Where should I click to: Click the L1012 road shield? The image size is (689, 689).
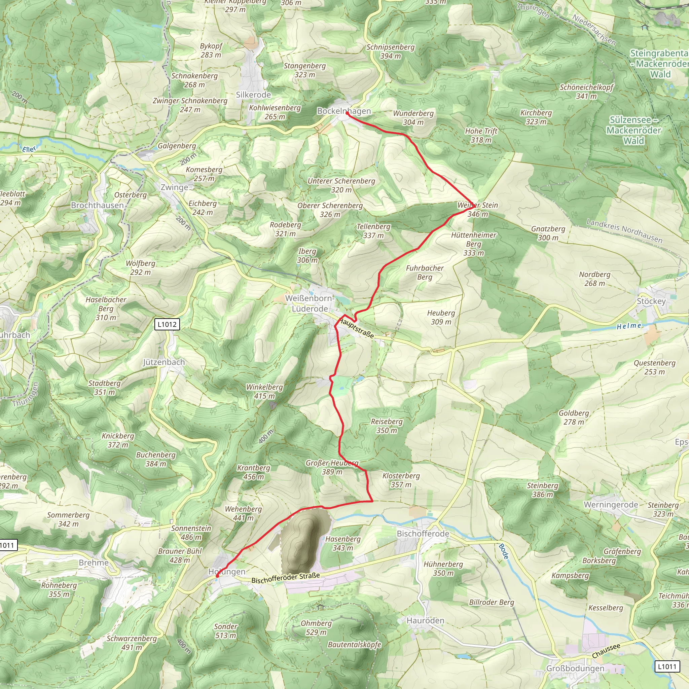[167, 324]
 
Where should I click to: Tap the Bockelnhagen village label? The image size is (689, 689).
[344, 111]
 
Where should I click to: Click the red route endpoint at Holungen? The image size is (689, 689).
[217, 576]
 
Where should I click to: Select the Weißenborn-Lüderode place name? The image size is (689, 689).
[310, 303]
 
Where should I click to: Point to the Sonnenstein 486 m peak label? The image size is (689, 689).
[191, 533]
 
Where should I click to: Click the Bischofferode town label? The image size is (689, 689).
[423, 534]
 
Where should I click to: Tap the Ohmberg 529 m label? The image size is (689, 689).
[316, 628]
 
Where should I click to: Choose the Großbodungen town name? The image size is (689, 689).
[575, 668]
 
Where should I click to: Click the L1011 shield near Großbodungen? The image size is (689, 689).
[667, 666]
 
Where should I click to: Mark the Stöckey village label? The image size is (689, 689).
[651, 301]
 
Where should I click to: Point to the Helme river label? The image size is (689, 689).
[629, 326]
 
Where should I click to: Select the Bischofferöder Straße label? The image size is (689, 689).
[285, 578]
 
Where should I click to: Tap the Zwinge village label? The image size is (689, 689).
[174, 187]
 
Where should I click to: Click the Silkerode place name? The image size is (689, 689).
[253, 95]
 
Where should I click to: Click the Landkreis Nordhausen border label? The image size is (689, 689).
[624, 231]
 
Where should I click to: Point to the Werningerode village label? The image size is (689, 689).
[611, 504]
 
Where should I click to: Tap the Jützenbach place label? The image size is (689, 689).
[164, 362]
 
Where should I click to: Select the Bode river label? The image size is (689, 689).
[503, 551]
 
